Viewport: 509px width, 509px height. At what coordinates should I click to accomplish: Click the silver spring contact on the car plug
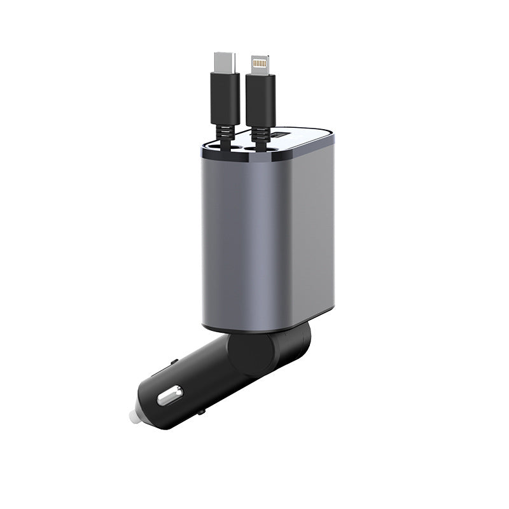click(168, 398)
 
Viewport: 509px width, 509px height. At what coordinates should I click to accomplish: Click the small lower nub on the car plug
click(202, 412)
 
